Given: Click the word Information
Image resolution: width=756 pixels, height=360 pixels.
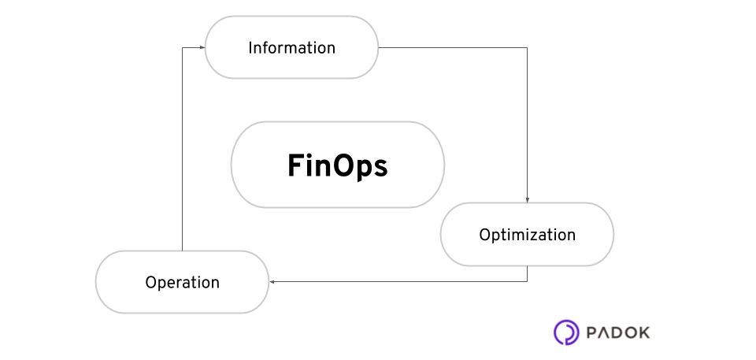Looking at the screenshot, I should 291,48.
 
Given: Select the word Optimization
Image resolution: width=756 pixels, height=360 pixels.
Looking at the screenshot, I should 527,235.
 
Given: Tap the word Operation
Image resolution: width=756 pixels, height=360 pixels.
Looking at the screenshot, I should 182,282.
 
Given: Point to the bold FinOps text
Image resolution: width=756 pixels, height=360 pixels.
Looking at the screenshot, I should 337,165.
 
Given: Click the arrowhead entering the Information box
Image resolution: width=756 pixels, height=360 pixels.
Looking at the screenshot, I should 202,48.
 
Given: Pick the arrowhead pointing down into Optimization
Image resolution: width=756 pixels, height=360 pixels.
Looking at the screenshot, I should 527,200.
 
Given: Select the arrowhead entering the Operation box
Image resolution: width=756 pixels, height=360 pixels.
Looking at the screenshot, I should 272,281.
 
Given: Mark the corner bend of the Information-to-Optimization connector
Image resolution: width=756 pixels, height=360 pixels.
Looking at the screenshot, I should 527,48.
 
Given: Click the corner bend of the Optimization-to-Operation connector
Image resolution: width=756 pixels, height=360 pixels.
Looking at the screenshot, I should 527,281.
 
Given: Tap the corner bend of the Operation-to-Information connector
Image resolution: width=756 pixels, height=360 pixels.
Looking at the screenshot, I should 183,48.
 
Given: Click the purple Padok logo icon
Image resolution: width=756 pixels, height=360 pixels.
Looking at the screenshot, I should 565,332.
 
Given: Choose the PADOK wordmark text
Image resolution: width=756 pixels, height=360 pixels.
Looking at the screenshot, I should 618,332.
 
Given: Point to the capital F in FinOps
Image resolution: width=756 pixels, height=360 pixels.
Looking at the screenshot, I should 295,165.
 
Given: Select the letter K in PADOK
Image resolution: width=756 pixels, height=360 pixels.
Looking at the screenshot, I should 643,332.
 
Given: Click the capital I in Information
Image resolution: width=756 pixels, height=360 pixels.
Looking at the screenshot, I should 250,48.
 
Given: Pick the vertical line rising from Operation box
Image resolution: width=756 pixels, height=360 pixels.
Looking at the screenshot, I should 183,150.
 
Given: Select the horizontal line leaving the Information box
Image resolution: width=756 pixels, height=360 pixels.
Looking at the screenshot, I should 453,48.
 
